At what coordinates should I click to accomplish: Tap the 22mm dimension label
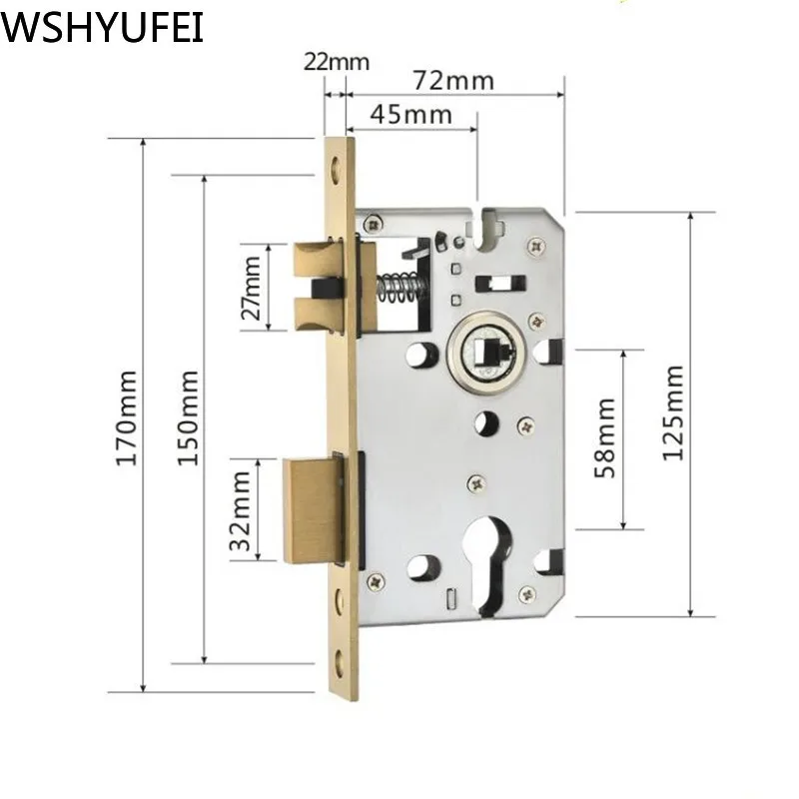click(336, 61)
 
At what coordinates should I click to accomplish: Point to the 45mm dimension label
click(410, 113)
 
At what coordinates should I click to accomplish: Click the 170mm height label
click(126, 417)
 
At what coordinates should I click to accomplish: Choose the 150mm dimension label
click(189, 417)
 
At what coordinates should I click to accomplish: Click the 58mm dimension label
click(605, 437)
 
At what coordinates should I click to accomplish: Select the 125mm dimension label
click(674, 412)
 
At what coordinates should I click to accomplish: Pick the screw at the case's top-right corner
click(536, 243)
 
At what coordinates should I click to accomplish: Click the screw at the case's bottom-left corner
click(375, 580)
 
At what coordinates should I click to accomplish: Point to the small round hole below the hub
click(486, 422)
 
